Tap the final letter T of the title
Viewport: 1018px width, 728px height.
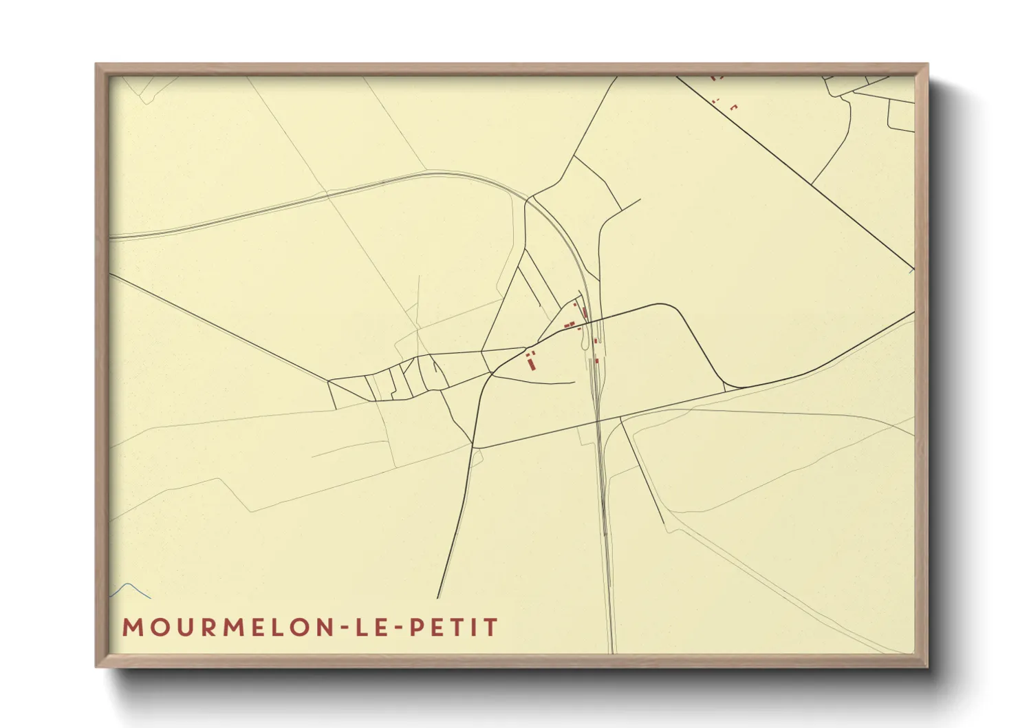(x=491, y=628)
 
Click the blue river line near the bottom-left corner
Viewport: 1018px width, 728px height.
(x=131, y=588)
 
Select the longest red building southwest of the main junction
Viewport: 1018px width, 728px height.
(x=531, y=363)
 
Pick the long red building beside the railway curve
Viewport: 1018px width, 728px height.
(x=585, y=313)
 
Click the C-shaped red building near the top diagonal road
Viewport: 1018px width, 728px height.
(x=733, y=107)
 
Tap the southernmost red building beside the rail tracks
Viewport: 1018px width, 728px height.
(x=596, y=360)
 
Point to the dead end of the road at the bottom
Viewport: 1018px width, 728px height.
(x=437, y=598)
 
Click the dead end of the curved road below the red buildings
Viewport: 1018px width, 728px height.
(x=574, y=383)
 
